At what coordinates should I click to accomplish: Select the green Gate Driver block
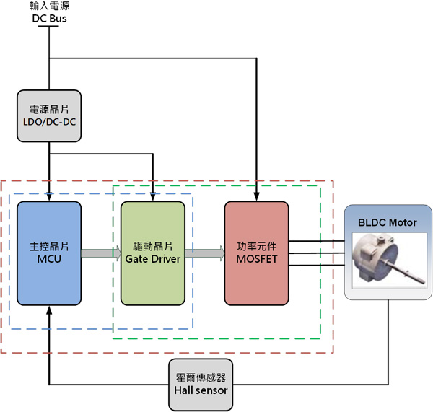tap(152, 253)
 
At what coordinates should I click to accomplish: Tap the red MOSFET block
tap(256, 253)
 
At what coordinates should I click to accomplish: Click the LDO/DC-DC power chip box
tap(49, 115)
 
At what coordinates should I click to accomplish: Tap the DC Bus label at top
tap(49, 18)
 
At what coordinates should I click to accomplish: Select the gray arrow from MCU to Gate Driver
tap(100, 253)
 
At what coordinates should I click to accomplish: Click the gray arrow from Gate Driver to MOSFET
tap(204, 253)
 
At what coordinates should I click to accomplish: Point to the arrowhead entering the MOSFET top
tap(256, 196)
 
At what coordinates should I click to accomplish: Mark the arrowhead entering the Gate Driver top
tap(152, 196)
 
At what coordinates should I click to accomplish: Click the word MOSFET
tap(256, 258)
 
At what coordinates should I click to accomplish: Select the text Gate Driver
tap(152, 258)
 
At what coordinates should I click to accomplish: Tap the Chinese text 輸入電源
tap(49, 6)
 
